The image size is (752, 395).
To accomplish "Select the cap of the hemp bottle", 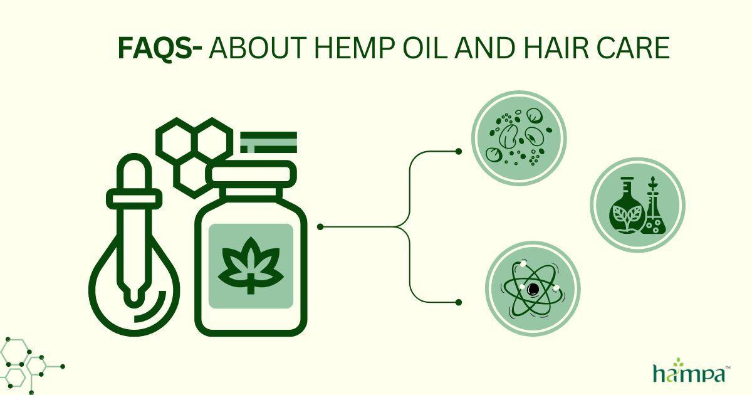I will (251, 172).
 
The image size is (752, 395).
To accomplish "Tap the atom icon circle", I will (533, 289).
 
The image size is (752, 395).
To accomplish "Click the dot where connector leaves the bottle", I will (320, 226).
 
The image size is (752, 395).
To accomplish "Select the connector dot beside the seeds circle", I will (459, 151).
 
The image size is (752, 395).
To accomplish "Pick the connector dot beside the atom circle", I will (459, 302).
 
